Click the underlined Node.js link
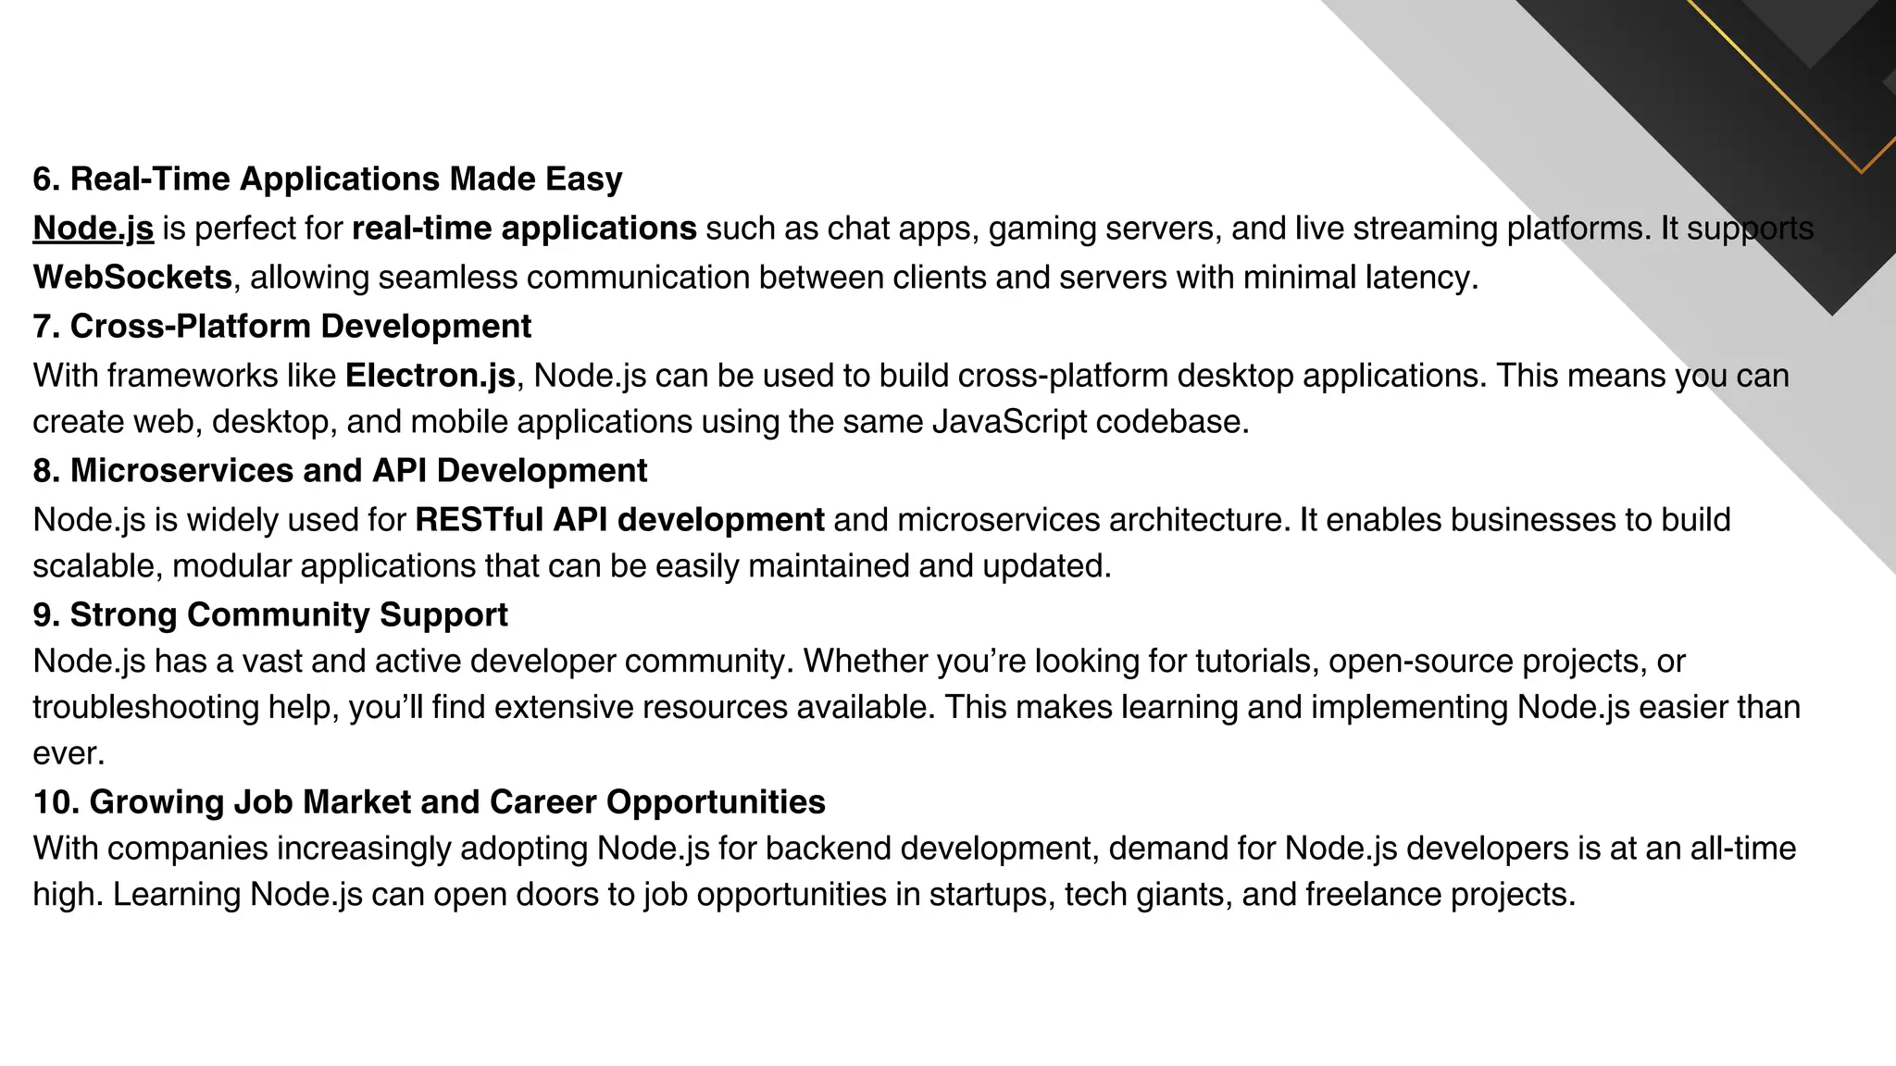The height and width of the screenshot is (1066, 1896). pos(93,229)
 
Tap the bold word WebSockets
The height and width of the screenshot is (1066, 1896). pos(132,277)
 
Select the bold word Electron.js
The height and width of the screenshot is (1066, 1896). pos(430,376)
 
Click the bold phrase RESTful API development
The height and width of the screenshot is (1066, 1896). pos(619,520)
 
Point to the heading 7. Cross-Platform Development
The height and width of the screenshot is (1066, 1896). pos(281,327)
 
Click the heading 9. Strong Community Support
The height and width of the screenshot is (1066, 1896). pos(269,615)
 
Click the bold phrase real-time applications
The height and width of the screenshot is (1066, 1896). pos(524,229)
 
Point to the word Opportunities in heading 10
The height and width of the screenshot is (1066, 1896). pos(716,802)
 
